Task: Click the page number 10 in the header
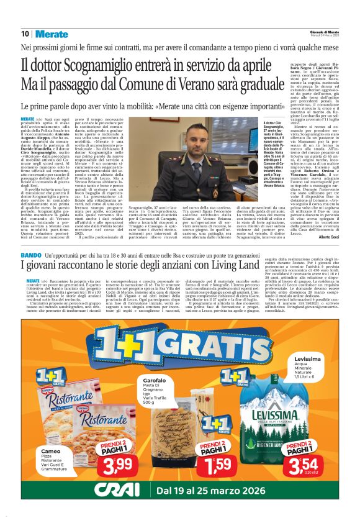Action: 25,34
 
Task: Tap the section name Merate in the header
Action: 52,34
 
